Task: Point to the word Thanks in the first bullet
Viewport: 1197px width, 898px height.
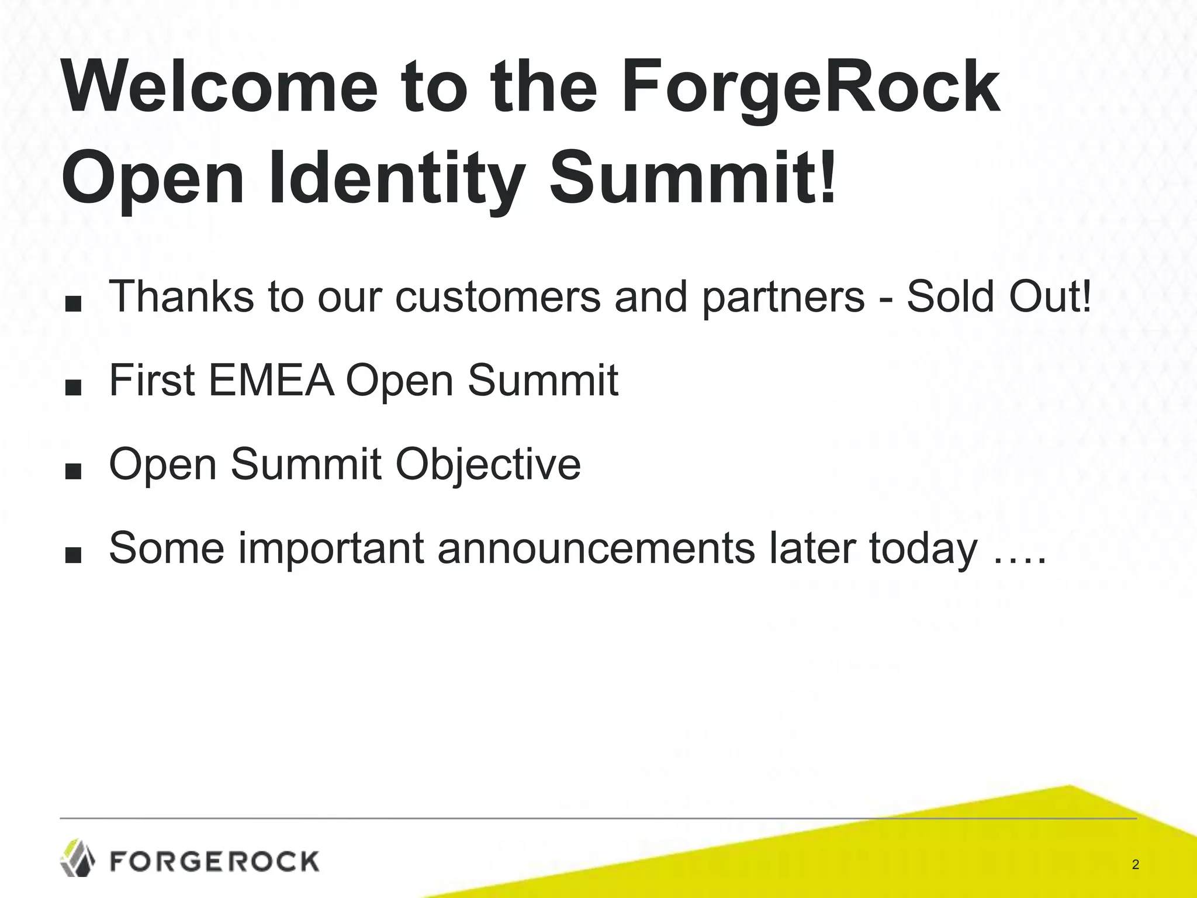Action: pyautogui.click(x=182, y=296)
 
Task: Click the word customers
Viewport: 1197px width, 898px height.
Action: pyautogui.click(x=497, y=296)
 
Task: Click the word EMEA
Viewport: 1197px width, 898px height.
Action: pyautogui.click(x=271, y=380)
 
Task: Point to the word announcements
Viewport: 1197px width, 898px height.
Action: pyautogui.click(x=596, y=548)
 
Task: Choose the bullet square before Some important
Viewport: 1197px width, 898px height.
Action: pyautogui.click(x=73, y=555)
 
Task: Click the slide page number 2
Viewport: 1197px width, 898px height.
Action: pyautogui.click(x=1135, y=865)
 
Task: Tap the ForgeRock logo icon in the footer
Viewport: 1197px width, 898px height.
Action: pyautogui.click(x=78, y=858)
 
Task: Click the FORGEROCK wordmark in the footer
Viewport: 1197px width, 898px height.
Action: pyautogui.click(x=215, y=861)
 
